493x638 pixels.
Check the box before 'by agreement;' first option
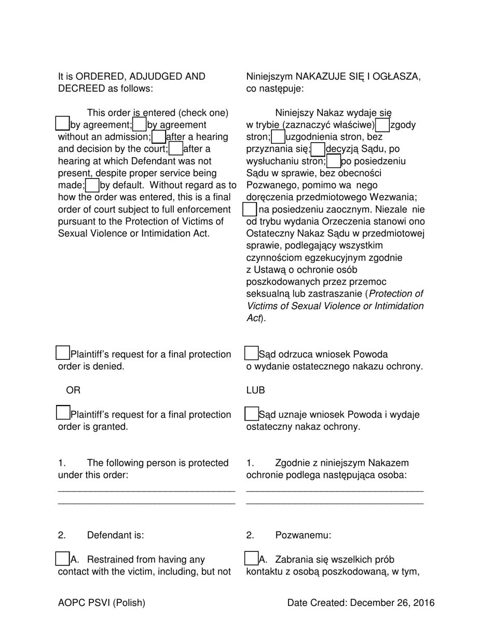coord(62,123)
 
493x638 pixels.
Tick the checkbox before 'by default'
coord(92,185)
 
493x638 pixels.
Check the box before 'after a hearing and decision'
coord(159,136)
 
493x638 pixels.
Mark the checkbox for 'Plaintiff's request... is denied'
coord(62,353)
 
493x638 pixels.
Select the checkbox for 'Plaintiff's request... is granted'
coord(62,413)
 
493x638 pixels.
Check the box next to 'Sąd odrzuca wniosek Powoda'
coord(251,353)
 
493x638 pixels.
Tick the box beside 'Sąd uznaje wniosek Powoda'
coord(251,413)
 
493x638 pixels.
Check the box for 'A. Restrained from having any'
coord(62,559)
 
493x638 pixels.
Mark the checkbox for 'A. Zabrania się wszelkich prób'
coord(251,559)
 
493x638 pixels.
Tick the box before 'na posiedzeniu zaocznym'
coord(250,209)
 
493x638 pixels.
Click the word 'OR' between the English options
coord(73,390)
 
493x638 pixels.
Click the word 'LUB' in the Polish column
coord(255,390)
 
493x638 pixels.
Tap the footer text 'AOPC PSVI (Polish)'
coord(102,603)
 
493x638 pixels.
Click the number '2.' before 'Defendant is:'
coord(62,535)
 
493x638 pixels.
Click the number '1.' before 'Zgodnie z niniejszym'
coord(250,463)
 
